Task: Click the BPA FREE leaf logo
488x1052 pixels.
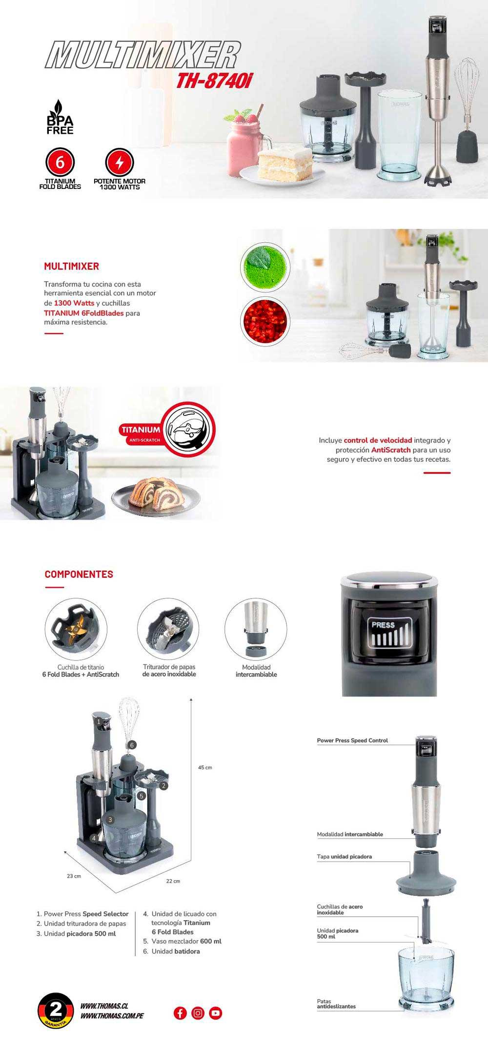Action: point(60,117)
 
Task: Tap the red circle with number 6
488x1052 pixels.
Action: point(60,162)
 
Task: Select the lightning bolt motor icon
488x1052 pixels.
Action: point(119,162)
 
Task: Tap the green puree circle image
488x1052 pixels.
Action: point(265,267)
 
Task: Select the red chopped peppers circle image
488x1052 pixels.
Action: point(265,322)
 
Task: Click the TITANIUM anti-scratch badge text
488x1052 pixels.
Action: point(141,430)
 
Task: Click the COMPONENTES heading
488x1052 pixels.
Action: point(79,574)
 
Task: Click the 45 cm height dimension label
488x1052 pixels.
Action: point(205,767)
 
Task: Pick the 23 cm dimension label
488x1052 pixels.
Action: point(74,876)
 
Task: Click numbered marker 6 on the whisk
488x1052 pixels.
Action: point(131,745)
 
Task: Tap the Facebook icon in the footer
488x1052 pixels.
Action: point(180,1013)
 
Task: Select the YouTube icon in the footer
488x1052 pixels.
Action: point(215,1013)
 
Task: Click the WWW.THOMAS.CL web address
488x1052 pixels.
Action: point(104,1006)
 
